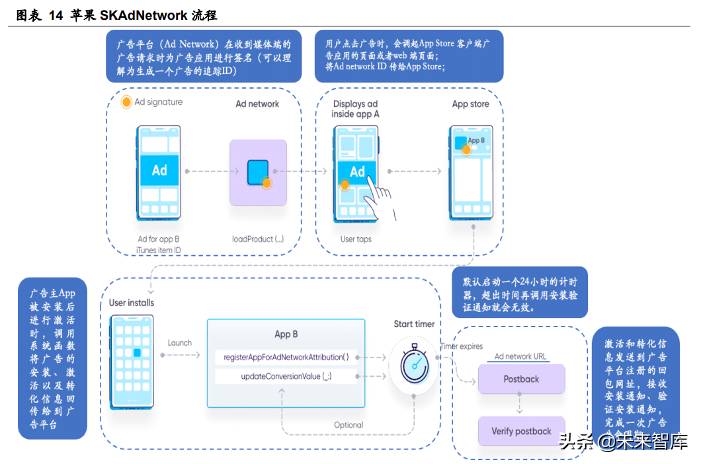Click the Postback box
pos(521,379)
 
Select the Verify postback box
pos(521,432)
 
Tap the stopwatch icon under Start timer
pos(414,363)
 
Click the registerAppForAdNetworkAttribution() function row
pos(286,357)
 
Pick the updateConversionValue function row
pos(286,376)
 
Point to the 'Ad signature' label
pos(159,102)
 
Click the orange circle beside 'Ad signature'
pos(126,102)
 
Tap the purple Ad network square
pos(258,173)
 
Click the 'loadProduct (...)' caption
pos(258,239)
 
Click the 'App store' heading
pos(470,104)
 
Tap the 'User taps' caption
pos(356,239)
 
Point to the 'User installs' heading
pos(132,303)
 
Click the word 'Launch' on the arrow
pos(179,342)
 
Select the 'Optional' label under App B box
pos(349,425)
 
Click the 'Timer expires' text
pos(462,346)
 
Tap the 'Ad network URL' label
pos(521,356)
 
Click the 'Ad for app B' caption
pos(159,239)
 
